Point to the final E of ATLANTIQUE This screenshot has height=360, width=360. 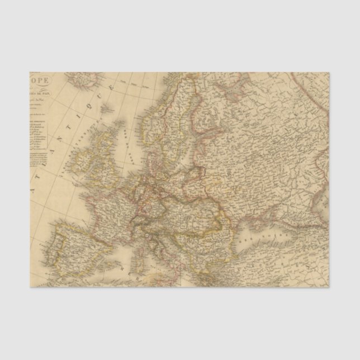coord(112,87)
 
